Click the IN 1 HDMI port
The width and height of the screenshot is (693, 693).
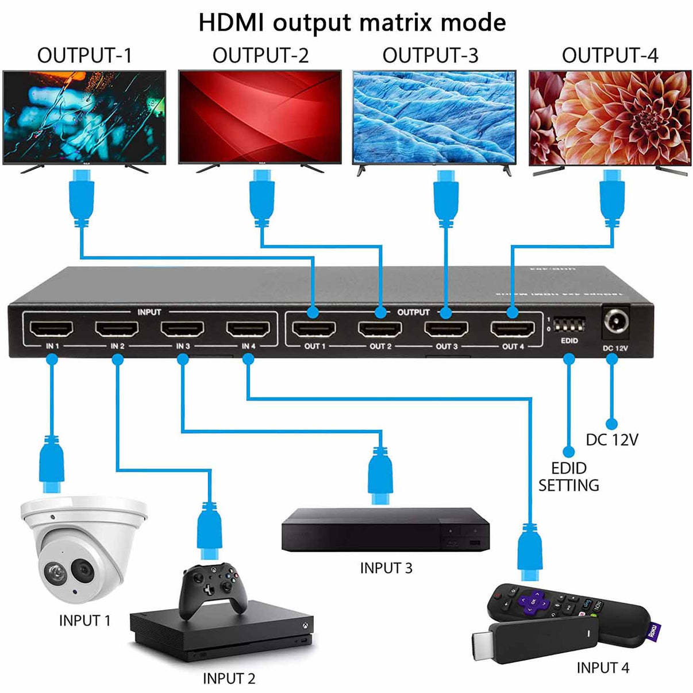(52, 329)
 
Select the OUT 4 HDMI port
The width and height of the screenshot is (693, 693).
(512, 329)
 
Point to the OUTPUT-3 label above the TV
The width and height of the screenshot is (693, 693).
(430, 56)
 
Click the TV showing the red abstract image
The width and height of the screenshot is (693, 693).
(260, 118)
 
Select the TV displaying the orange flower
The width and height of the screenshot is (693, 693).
(610, 118)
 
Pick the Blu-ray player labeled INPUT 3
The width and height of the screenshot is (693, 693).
(385, 529)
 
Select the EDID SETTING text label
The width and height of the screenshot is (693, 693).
(568, 477)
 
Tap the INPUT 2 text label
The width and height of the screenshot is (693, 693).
(229, 679)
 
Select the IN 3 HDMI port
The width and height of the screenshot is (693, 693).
(183, 329)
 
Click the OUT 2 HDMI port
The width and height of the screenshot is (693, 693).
(380, 329)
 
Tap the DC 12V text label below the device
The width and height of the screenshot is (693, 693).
(611, 440)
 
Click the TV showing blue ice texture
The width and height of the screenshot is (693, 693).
(434, 118)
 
